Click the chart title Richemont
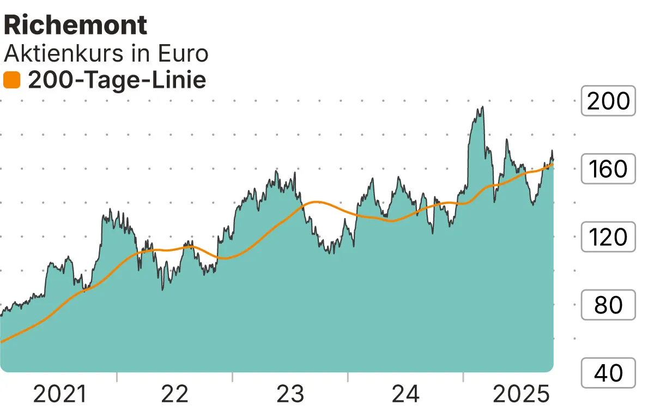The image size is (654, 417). [x=75, y=25]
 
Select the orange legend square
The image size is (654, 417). [x=11, y=81]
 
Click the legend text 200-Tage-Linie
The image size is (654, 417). [x=117, y=81]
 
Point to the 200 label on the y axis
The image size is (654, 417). [x=608, y=101]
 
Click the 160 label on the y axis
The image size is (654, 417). [x=608, y=169]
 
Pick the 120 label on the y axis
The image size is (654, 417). [x=608, y=237]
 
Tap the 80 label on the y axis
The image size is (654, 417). [x=608, y=305]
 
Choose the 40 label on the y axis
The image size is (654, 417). [x=608, y=373]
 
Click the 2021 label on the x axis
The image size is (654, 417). [x=60, y=394]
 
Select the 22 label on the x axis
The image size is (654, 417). [x=175, y=394]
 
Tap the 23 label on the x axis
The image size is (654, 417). [x=290, y=394]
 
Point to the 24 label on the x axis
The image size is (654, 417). [x=406, y=394]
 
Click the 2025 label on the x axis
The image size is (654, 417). [x=521, y=394]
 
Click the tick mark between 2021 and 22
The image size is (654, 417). [x=117, y=377]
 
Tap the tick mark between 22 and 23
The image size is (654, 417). [x=232, y=377]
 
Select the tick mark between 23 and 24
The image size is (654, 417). [x=348, y=377]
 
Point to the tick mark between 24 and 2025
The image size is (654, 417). [x=463, y=377]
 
